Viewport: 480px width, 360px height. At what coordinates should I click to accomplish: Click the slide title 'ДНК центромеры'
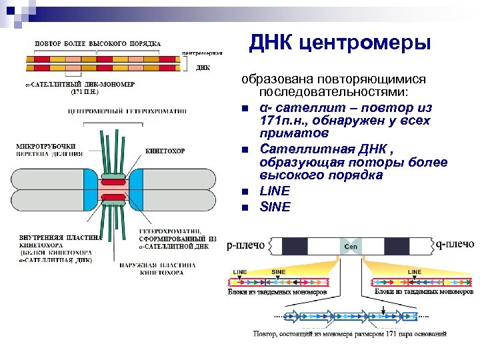(x=340, y=44)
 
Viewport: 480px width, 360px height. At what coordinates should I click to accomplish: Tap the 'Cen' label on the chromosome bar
(x=351, y=247)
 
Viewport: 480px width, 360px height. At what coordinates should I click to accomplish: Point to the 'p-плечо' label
(x=246, y=245)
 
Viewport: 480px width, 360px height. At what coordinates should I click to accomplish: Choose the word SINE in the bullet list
(x=275, y=207)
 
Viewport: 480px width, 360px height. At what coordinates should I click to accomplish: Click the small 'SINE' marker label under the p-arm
(x=279, y=272)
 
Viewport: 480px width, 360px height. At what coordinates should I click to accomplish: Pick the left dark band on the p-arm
(x=293, y=246)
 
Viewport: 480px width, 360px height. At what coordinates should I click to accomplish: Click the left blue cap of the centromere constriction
(x=91, y=188)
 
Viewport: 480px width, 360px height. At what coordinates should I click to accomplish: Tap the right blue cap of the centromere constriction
(x=135, y=188)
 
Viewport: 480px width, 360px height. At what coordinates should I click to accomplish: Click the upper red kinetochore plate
(x=113, y=181)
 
